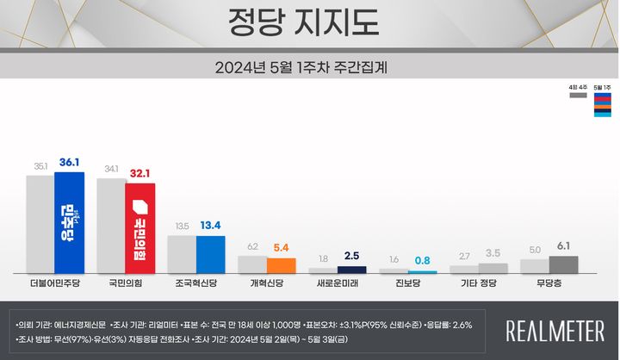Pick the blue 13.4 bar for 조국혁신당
point(210,254)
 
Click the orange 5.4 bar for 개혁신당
point(281,265)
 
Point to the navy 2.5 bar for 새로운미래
point(351,270)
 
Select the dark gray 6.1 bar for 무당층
point(563,264)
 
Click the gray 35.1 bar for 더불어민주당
point(40,224)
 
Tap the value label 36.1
point(69,163)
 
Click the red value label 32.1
point(140,173)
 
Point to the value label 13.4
point(210,226)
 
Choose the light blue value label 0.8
point(422,259)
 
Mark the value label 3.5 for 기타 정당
point(493,253)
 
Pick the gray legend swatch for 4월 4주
point(577,97)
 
